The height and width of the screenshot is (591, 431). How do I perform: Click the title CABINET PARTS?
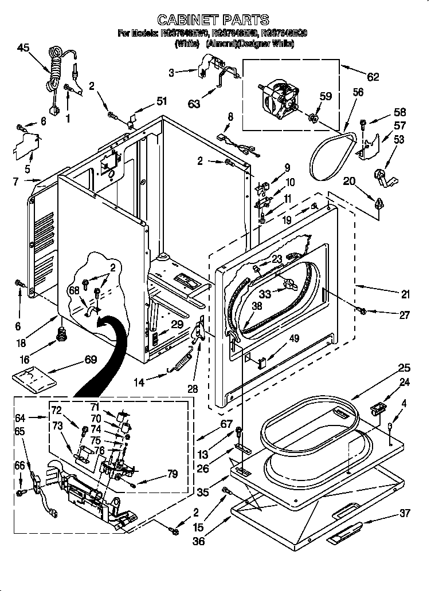click(213, 21)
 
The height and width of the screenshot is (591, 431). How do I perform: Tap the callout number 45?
click(24, 48)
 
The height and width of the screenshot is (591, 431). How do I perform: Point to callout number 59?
click(324, 97)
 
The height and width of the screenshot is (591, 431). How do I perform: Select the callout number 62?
click(373, 77)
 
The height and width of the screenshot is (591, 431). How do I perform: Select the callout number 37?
click(405, 513)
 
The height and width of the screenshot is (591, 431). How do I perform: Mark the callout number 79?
click(171, 474)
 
